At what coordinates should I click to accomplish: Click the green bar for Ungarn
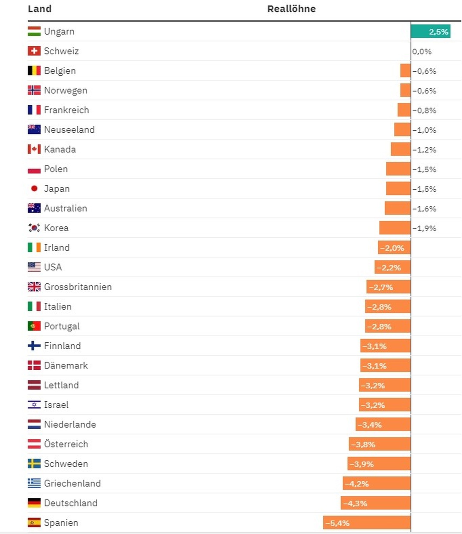(430, 31)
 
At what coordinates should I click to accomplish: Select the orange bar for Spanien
(367, 523)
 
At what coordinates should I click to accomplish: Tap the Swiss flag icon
(34, 51)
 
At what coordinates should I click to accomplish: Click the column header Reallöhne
(291, 9)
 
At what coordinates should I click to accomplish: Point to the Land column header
(40, 9)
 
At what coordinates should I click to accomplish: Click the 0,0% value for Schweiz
(422, 51)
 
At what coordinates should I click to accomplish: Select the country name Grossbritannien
(78, 287)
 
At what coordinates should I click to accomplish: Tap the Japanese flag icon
(34, 189)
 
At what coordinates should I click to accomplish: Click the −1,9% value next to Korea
(424, 228)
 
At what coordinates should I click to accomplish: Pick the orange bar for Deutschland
(375, 503)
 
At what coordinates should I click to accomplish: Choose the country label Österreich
(66, 444)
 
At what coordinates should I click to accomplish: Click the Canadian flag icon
(34, 149)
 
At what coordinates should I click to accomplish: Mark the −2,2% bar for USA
(392, 267)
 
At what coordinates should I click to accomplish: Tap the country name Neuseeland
(69, 130)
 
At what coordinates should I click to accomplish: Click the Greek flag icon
(34, 483)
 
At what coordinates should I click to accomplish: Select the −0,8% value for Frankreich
(424, 110)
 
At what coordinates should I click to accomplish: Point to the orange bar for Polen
(398, 169)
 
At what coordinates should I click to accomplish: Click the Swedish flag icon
(34, 464)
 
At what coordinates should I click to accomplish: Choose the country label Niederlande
(70, 424)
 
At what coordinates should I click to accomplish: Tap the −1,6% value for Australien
(424, 209)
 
